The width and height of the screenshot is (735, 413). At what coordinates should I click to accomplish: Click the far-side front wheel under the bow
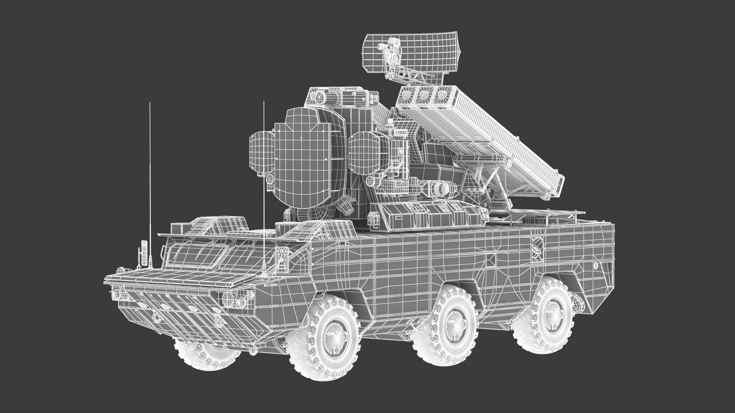pos(207,351)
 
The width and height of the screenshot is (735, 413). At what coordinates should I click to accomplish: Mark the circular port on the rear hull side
pos(537,246)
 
